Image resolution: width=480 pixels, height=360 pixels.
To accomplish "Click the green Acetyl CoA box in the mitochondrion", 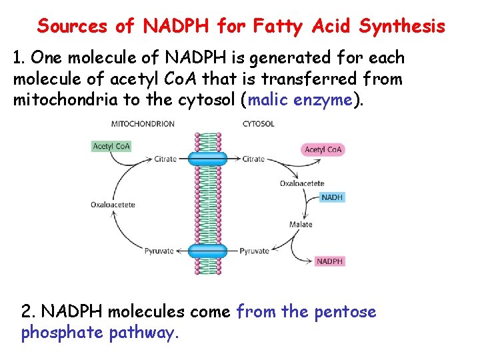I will point(112,147).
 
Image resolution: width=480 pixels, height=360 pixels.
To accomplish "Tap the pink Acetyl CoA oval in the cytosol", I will point(323,149).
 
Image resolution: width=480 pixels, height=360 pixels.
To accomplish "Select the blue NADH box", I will point(332,197).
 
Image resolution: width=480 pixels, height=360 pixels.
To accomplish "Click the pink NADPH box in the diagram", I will point(329,261).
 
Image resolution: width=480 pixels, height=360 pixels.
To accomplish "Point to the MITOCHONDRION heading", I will point(143,123).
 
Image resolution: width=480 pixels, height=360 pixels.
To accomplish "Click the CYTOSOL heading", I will point(258,123).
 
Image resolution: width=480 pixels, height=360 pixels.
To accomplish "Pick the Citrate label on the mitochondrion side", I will point(165,159).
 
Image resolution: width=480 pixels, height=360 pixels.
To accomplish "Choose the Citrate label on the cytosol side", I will point(253,159).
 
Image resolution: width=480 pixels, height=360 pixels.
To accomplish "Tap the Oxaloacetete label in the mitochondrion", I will point(113,205).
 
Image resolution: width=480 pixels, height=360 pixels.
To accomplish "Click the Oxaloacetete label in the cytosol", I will point(302,183).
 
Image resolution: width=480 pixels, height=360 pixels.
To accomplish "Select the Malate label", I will point(301,224).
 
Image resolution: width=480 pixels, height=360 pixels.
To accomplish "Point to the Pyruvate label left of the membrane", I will point(159,251).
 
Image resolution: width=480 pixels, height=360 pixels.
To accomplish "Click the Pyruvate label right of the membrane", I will point(254,251).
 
